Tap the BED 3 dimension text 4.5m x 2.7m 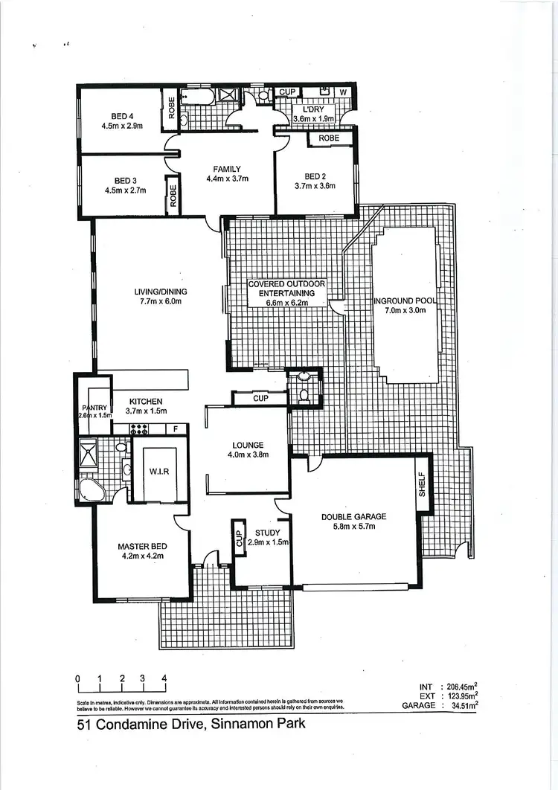click(125, 190)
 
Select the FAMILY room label click(226, 168)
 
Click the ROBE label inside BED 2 click(329, 138)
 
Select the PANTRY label click(95, 407)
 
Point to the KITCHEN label click(146, 402)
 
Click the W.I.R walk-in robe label click(160, 470)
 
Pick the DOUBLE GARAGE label click(353, 517)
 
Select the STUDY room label click(267, 533)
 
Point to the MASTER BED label click(141, 547)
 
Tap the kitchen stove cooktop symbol click(139, 428)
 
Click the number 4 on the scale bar click(164, 678)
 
